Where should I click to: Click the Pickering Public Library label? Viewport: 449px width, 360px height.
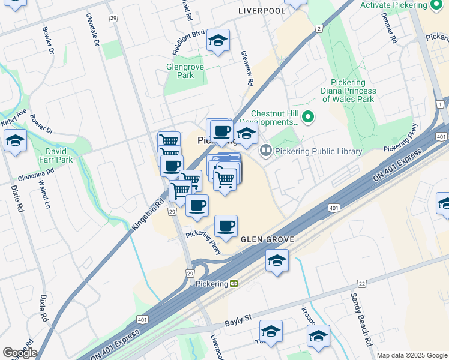319,152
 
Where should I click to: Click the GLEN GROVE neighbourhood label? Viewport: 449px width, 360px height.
268,239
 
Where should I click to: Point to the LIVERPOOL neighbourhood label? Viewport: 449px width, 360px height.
262,11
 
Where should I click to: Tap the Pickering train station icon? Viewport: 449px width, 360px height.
234,283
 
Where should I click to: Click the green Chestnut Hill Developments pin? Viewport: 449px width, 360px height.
309,116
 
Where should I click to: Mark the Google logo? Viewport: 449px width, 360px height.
19,353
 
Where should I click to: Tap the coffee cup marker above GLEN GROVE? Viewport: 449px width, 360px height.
226,226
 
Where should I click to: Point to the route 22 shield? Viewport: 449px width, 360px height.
362,283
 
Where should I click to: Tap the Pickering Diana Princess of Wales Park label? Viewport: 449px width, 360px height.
348,91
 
